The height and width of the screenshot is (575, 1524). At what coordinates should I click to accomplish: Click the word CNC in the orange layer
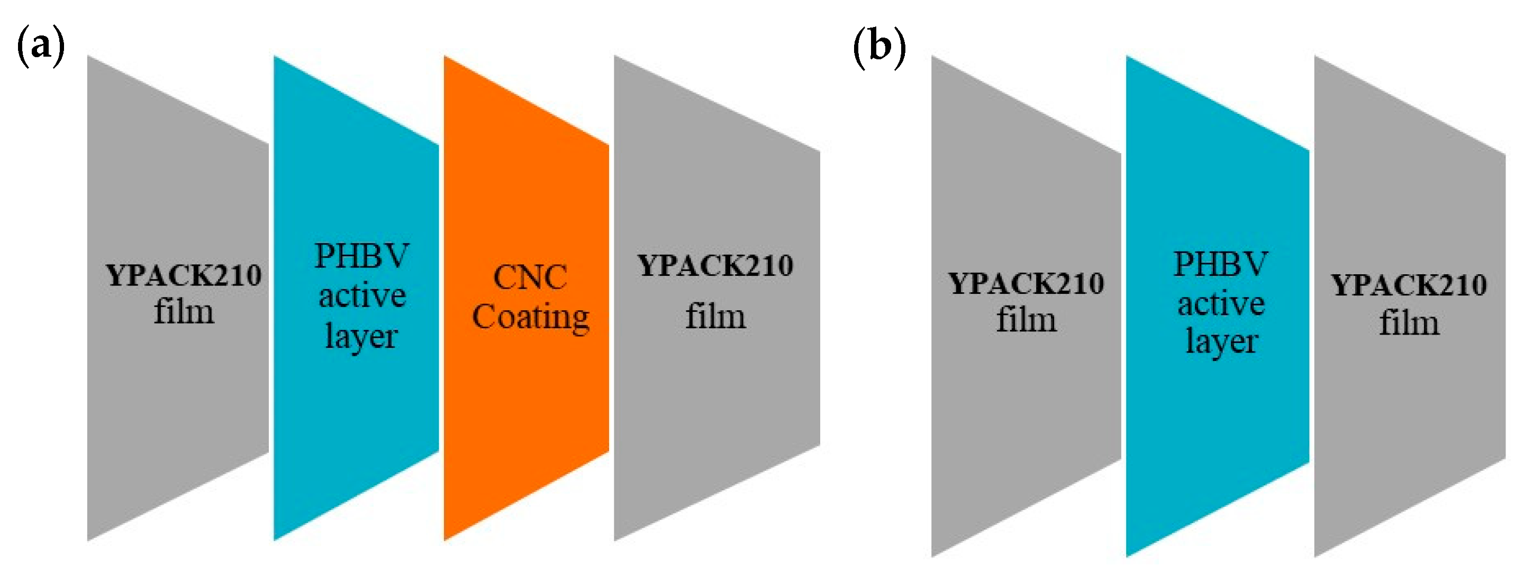coord(530,277)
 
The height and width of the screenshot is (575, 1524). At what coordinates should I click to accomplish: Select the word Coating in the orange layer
coord(531,317)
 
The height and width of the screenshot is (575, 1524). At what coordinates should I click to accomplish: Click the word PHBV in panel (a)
coord(361,256)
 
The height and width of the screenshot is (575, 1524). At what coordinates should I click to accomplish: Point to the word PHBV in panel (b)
coord(1220,264)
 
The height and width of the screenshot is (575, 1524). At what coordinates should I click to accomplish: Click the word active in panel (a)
coord(362,295)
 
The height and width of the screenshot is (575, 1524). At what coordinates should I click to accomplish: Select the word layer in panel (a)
coord(361,337)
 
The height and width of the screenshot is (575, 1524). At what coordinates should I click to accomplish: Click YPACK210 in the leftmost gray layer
coord(184,275)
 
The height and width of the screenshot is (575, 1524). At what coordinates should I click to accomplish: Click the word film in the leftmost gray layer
coord(184,312)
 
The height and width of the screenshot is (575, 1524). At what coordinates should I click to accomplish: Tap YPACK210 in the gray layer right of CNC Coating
coord(715,265)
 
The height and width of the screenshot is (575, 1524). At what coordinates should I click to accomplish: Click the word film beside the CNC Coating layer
coord(715,316)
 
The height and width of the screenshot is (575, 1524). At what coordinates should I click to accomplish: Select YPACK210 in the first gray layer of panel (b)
coord(1026,284)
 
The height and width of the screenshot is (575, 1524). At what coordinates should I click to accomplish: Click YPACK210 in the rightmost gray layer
coord(1409,285)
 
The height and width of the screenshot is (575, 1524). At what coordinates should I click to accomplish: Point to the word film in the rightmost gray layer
coord(1409,324)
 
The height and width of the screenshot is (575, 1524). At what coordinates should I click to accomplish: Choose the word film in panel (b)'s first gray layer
coord(1026,320)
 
